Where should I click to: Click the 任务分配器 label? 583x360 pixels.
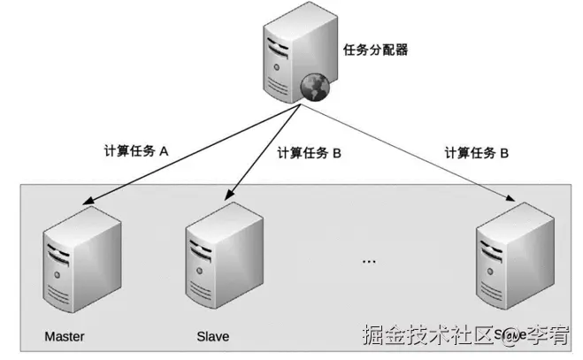coord(376,50)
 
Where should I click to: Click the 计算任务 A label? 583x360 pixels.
coord(136,151)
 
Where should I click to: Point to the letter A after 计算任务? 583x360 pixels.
coord(163,151)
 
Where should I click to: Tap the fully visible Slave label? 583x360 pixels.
coord(212,337)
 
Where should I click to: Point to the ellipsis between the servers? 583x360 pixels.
coord(369,262)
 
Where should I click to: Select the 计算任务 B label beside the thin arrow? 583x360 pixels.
coord(476,152)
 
